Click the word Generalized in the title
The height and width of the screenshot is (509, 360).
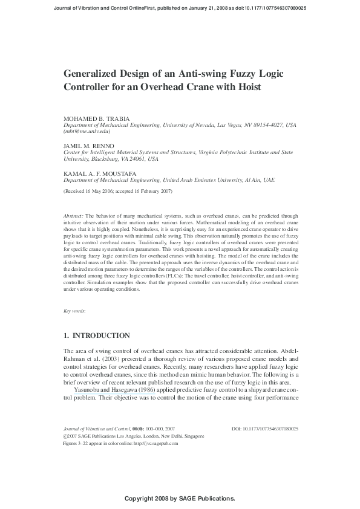pyautogui.click(x=91, y=73)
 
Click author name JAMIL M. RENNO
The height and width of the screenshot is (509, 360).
pyautogui.click(x=89, y=146)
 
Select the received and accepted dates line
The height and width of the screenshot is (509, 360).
pyautogui.click(x=118, y=191)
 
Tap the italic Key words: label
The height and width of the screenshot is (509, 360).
pyautogui.click(x=74, y=311)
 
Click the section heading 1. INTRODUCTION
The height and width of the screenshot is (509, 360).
pyautogui.click(x=97, y=335)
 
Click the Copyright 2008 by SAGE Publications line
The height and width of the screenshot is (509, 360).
pyautogui.click(x=179, y=498)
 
